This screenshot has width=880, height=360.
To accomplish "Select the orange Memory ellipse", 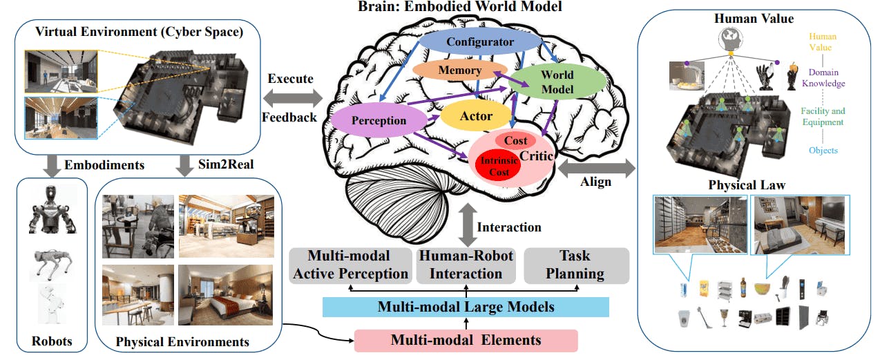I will point(459,70).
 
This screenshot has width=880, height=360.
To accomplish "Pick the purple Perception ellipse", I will point(378,120).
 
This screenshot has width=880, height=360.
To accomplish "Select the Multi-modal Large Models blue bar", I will point(466,307).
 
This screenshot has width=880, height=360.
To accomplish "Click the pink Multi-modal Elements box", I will point(466,340).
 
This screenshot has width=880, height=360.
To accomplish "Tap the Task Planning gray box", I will point(575,265).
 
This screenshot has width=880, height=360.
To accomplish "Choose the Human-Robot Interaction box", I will point(466,265).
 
